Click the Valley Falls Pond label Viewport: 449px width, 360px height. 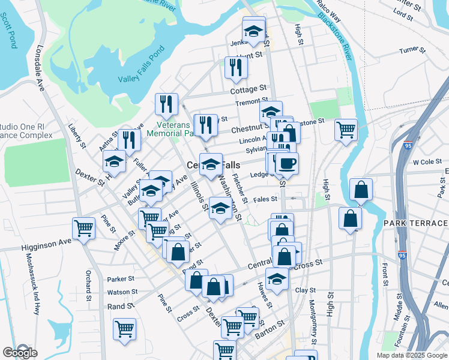[x=142, y=79]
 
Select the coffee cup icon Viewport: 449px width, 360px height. [x=286, y=163]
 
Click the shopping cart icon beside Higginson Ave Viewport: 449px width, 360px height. [x=84, y=228]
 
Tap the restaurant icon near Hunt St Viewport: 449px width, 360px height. [x=235, y=67]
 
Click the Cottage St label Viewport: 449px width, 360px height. [x=248, y=90]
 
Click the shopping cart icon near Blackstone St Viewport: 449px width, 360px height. [x=346, y=130]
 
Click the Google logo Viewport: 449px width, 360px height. [x=19, y=352]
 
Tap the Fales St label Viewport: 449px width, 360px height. [x=265, y=199]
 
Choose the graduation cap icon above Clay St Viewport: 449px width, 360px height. [x=276, y=279]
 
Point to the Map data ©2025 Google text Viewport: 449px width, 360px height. [x=412, y=355]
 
